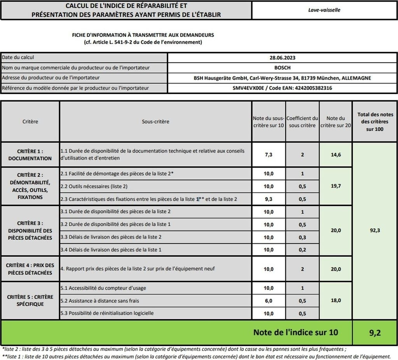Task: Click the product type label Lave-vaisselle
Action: click(x=325, y=10)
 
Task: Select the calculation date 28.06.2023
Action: click(x=282, y=58)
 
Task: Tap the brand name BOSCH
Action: click(x=282, y=68)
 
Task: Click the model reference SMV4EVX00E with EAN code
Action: click(x=282, y=88)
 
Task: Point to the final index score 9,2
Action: click(x=375, y=332)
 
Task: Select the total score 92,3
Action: click(x=375, y=230)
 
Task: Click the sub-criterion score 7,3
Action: click(x=269, y=155)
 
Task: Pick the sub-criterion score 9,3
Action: click(x=269, y=199)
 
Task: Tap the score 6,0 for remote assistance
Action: click(x=269, y=301)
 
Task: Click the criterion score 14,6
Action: click(x=335, y=155)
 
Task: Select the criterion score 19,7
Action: click(x=335, y=186)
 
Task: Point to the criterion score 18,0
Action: click(x=335, y=300)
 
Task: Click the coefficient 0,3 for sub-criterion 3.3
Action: click(x=302, y=237)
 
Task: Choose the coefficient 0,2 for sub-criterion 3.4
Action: click(x=302, y=250)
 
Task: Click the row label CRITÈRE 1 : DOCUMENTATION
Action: click(x=30, y=155)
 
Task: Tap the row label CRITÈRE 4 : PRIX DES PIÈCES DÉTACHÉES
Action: click(x=30, y=269)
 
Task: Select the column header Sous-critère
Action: click(x=155, y=122)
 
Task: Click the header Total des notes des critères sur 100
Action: click(x=375, y=122)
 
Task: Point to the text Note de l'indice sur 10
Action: click(x=295, y=332)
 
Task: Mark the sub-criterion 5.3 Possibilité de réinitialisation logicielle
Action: click(x=107, y=313)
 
